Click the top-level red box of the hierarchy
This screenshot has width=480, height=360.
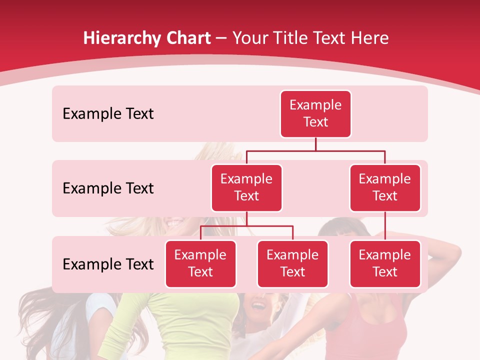point(315,114)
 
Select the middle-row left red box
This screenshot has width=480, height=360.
point(246,188)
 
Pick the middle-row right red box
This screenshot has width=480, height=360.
point(385,188)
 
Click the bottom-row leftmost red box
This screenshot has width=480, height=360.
point(200,264)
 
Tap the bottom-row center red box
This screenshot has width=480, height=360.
point(292,264)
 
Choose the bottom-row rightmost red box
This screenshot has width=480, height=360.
point(385,264)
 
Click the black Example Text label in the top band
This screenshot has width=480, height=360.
point(108,114)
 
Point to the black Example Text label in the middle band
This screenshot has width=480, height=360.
point(108,188)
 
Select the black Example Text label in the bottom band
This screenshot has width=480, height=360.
point(108,264)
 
